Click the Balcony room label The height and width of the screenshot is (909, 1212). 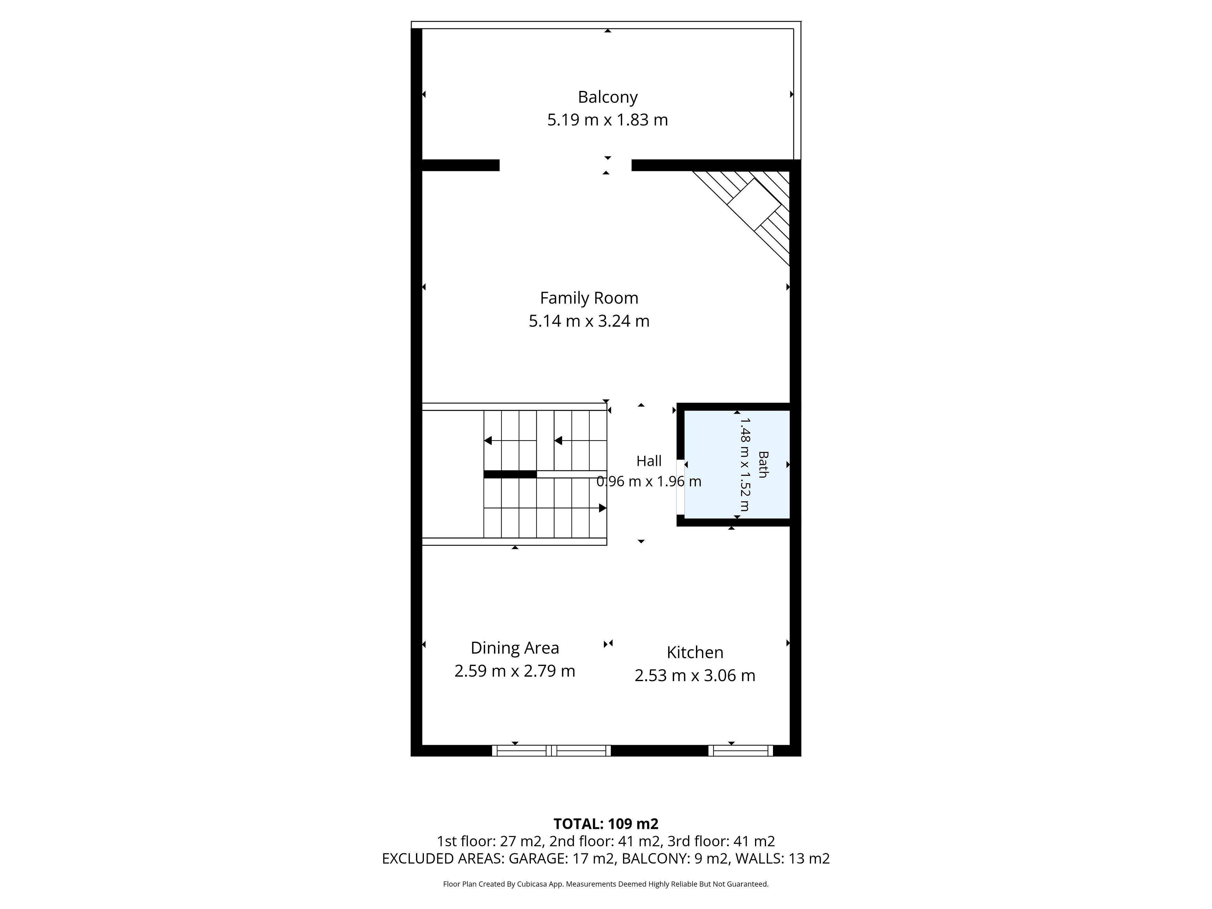coord(608,97)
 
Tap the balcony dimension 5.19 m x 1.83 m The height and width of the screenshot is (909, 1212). coord(608,119)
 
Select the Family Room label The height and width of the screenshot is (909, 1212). coord(589,298)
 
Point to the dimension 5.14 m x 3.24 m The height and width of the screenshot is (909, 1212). coord(589,321)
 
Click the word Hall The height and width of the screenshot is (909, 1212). coord(649,461)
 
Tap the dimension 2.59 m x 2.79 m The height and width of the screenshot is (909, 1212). coord(514,671)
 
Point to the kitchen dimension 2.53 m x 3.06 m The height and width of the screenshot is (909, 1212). coord(695,675)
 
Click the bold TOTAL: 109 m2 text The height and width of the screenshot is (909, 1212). coord(606,823)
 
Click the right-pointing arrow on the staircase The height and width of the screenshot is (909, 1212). coord(603,508)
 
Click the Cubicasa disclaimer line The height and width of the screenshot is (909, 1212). coord(605,884)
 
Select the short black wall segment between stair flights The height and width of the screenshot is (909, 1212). coord(510,474)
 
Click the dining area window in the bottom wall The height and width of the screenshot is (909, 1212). coord(551,751)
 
